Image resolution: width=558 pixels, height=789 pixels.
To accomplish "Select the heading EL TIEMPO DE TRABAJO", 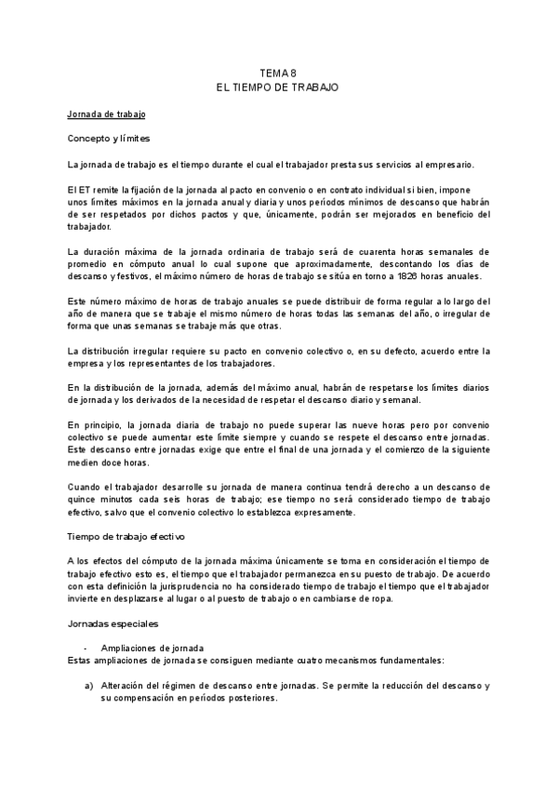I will [278, 86].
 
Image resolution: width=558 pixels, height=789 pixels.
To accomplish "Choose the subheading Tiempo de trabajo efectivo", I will [126, 537].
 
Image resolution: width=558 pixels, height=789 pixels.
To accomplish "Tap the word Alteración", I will [126, 685].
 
